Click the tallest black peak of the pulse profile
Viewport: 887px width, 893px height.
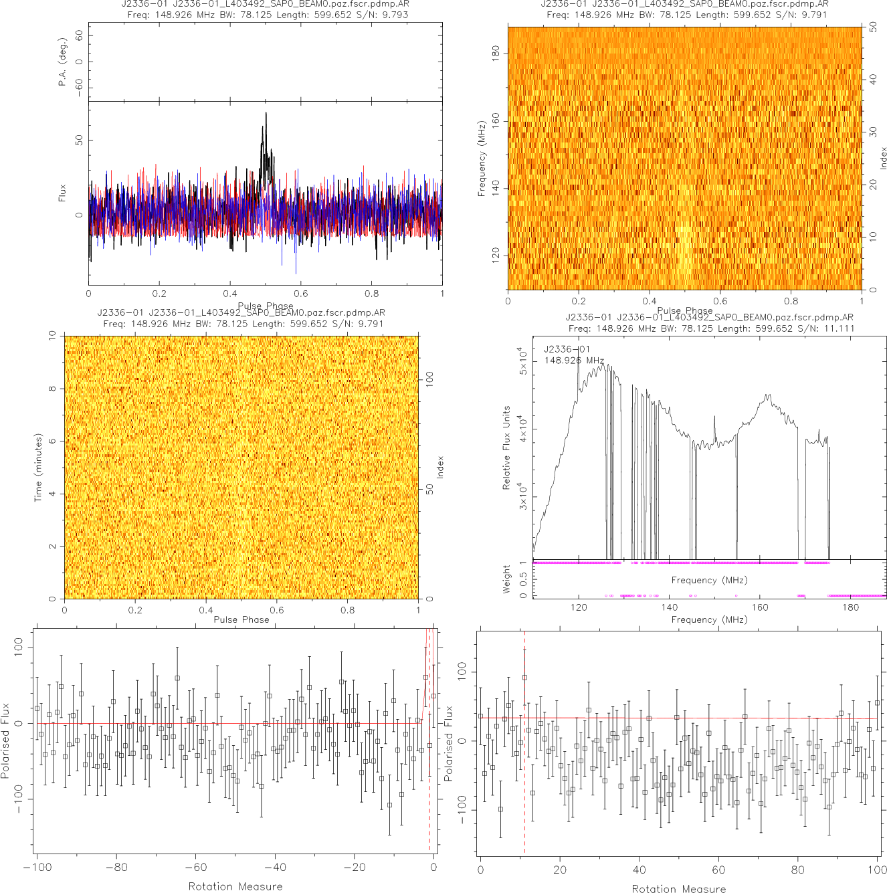(266, 114)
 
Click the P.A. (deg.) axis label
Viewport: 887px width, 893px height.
(62, 69)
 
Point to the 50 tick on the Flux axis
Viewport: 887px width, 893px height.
(80, 140)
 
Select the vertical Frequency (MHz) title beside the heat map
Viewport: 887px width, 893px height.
(481, 159)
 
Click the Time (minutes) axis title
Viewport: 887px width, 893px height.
(38, 468)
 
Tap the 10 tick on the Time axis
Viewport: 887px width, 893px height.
(53, 336)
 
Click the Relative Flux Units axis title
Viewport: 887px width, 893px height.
(506, 448)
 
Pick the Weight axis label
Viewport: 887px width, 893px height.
(506, 579)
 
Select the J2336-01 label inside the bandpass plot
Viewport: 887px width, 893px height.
(567, 349)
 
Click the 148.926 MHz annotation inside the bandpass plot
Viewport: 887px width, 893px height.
(574, 361)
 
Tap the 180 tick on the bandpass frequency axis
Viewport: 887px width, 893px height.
(850, 607)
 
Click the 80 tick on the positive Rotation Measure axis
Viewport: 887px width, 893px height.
(797, 870)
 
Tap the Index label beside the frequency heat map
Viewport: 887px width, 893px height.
(883, 159)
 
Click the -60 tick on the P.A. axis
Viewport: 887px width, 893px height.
(80, 88)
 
